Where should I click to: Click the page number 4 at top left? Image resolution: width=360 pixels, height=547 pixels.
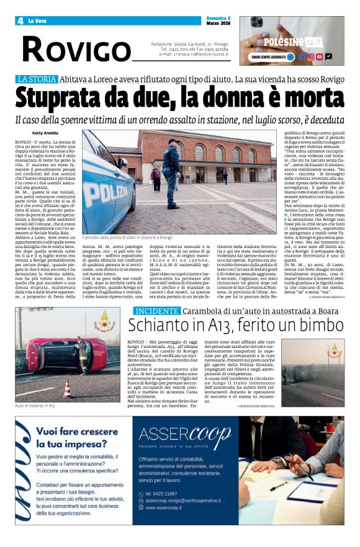(20, 21)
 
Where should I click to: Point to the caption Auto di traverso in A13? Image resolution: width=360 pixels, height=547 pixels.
(35, 406)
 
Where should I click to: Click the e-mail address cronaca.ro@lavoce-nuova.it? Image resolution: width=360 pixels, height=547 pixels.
(194, 55)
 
